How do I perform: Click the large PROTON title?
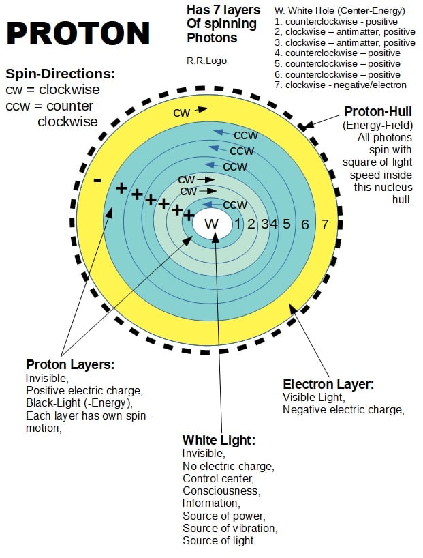pos(79,33)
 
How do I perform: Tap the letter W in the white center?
pos(212,224)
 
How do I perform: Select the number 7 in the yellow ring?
pos(324,224)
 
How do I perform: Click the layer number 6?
pos(305,224)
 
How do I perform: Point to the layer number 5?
pos(286,224)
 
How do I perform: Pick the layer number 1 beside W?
pos(238,224)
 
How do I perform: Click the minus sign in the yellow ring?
pos(98,180)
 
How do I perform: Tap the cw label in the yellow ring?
pos(181,113)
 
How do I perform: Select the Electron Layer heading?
pos(328,385)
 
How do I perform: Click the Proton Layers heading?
pos(69,364)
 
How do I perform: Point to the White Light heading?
pos(219,440)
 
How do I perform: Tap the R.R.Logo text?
pos(206,61)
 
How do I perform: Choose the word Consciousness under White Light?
pos(221,490)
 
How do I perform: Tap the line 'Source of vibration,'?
pos(230,528)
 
